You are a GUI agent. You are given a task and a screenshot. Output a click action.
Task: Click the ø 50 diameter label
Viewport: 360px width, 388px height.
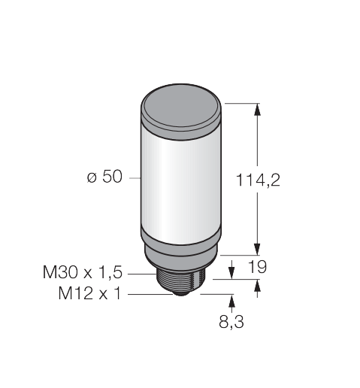click(104, 177)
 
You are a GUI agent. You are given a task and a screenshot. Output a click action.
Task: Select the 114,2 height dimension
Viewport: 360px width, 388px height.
click(258, 180)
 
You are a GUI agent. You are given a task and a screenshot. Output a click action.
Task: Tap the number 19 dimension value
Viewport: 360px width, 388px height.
click(257, 267)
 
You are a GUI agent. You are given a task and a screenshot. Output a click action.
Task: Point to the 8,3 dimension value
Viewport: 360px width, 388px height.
click(231, 322)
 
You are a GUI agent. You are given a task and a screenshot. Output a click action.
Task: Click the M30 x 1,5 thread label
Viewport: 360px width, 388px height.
click(83, 272)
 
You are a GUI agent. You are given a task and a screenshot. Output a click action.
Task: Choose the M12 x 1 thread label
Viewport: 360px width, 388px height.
click(89, 293)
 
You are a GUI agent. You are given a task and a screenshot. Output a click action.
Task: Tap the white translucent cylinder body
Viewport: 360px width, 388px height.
click(181, 186)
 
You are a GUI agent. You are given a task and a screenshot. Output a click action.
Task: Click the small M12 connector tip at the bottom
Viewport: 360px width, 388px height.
click(181, 294)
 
